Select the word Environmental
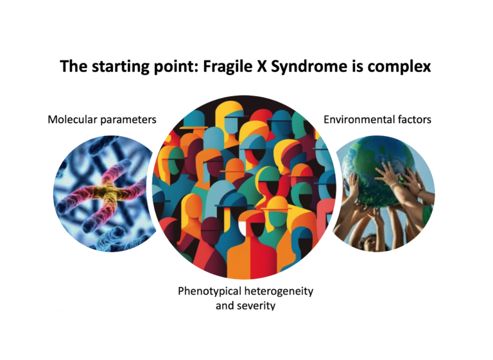(x=359, y=119)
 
